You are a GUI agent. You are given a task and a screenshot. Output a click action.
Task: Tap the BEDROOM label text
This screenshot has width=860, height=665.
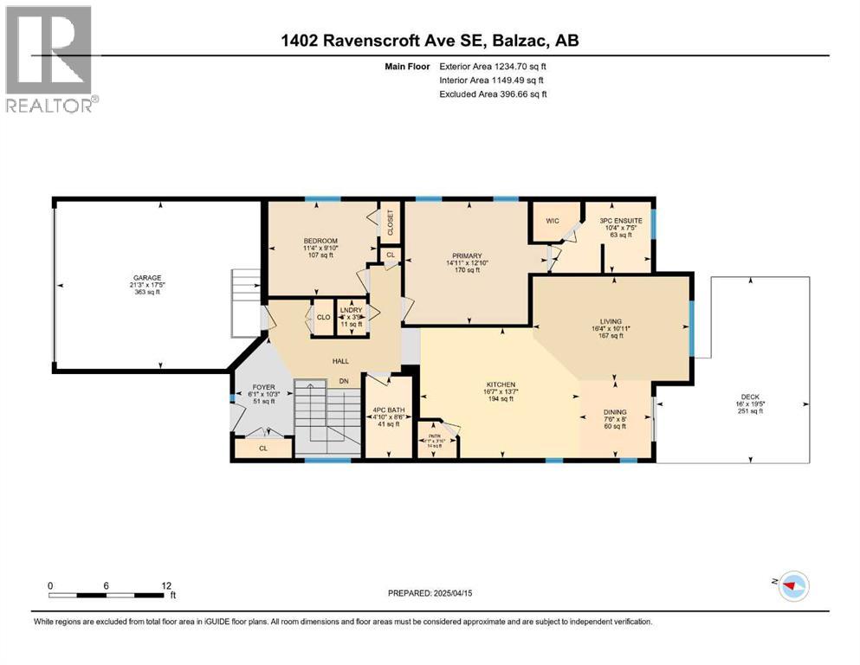(320, 240)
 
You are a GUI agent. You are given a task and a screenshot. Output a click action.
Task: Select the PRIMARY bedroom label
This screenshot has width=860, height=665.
(466, 255)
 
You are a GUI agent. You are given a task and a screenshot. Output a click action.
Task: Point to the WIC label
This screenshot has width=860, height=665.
(553, 221)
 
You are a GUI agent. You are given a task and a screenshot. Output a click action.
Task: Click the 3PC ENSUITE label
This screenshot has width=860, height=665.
(620, 221)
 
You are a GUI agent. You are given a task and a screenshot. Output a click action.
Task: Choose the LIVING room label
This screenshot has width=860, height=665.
(611, 320)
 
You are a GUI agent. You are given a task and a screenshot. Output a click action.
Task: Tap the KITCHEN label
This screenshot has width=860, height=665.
(501, 384)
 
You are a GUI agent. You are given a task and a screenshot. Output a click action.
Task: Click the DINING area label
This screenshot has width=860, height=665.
(616, 412)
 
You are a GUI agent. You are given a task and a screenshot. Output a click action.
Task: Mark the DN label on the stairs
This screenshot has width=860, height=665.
(343, 380)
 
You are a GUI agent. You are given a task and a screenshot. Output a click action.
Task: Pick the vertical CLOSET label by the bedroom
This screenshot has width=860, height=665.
(391, 223)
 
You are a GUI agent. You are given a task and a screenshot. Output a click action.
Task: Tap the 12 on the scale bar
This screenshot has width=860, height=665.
(166, 585)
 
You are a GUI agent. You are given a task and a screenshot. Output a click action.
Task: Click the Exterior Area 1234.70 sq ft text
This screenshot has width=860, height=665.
(493, 66)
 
